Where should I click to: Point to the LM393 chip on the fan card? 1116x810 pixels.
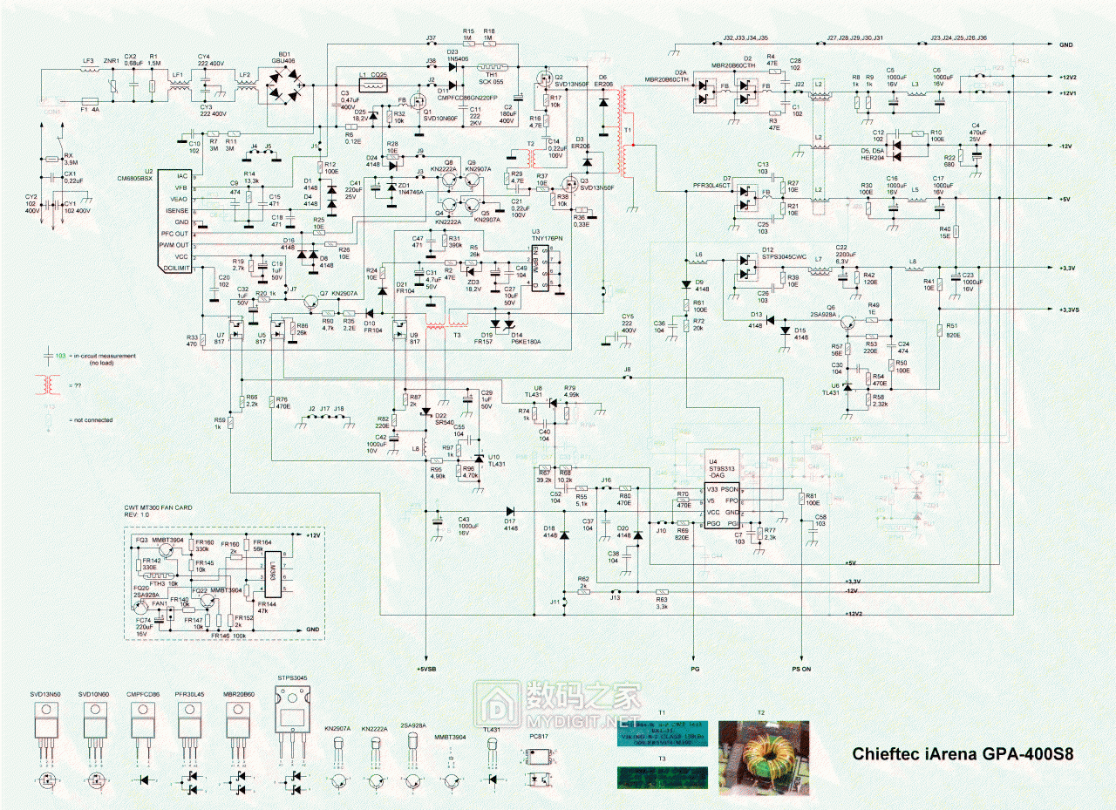click(x=272, y=579)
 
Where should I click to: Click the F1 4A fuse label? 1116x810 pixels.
click(x=90, y=111)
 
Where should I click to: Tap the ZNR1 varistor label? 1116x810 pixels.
click(x=112, y=60)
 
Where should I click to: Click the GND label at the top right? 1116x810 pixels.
click(x=1065, y=44)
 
